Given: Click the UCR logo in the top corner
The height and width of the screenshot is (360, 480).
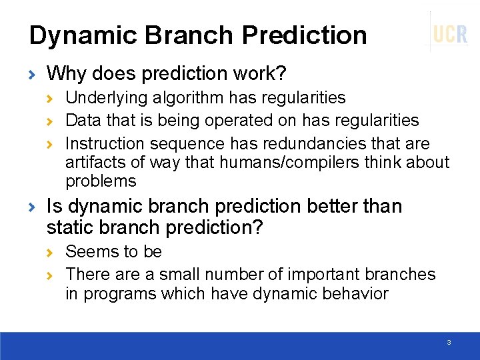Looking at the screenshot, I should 450,33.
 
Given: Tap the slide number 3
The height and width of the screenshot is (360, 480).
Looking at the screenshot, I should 449,342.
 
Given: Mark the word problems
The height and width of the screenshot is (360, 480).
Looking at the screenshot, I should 101,181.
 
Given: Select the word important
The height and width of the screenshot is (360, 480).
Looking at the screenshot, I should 315,274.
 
